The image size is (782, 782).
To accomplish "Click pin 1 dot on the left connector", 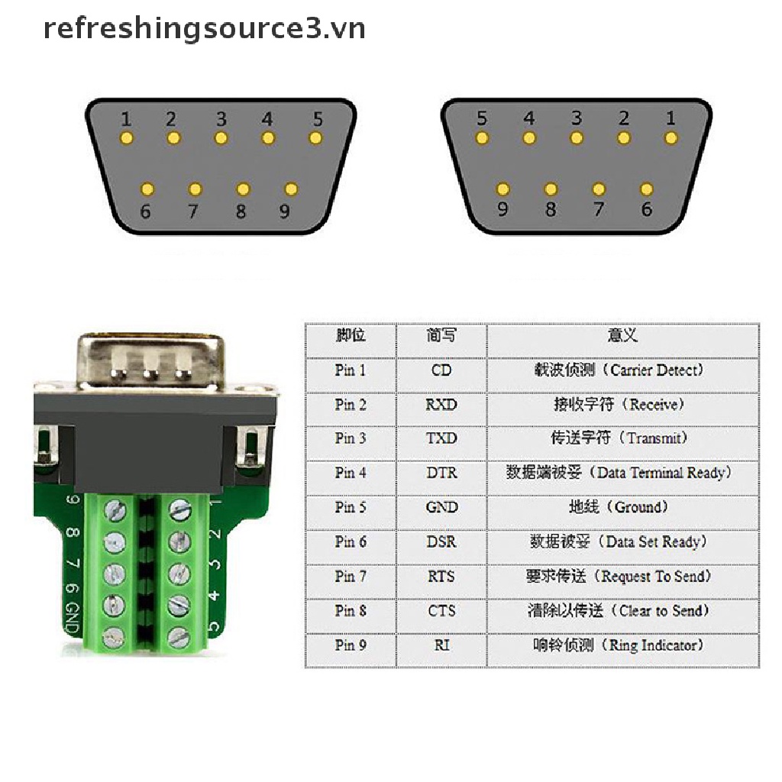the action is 127,138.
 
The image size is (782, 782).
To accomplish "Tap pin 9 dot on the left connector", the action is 290,189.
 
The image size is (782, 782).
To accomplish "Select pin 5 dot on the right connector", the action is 481,138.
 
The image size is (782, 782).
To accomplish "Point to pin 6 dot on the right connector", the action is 647,189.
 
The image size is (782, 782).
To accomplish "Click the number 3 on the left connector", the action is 221,119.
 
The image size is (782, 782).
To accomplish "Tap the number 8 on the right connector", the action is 551,208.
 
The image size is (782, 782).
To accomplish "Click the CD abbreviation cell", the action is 441,370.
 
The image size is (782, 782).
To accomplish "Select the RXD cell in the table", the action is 441,405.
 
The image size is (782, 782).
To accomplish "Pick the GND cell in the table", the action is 441,507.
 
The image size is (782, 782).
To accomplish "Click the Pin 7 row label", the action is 351,576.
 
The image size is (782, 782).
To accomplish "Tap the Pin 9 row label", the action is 351,645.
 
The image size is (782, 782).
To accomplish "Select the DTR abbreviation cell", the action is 441,473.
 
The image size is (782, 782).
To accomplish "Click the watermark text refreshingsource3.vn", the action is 204,29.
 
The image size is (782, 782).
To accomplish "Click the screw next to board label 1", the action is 179,509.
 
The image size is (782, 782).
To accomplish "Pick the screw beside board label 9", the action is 115,509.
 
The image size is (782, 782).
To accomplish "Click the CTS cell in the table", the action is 441,610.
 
